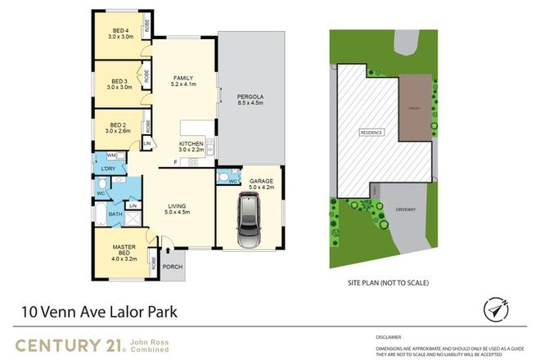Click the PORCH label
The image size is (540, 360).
point(173,266)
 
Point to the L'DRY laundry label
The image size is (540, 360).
point(109,169)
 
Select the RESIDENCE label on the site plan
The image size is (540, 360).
point(371,133)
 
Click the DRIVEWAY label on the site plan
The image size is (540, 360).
point(406,209)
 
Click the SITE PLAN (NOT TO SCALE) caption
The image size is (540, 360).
point(388,282)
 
